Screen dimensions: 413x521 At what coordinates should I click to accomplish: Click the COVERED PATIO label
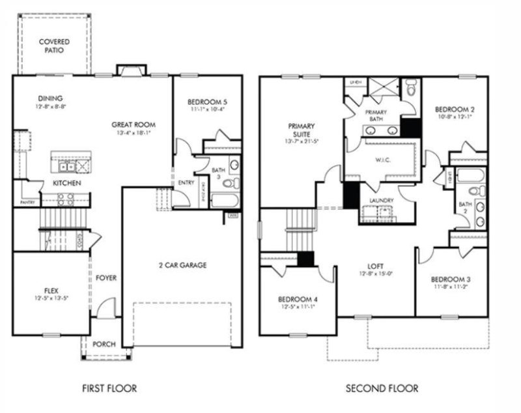(x=54, y=46)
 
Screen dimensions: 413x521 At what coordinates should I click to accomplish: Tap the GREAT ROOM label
(x=133, y=124)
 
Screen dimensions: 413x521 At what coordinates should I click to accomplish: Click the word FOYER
(x=106, y=278)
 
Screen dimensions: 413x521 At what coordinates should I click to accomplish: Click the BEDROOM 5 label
(x=206, y=102)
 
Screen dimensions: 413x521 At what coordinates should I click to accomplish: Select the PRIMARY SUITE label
(x=301, y=130)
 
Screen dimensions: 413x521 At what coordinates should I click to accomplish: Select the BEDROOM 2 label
(x=453, y=109)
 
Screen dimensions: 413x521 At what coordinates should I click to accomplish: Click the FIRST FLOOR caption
(x=109, y=389)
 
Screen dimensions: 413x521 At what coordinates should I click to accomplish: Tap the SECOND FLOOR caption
(x=382, y=389)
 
